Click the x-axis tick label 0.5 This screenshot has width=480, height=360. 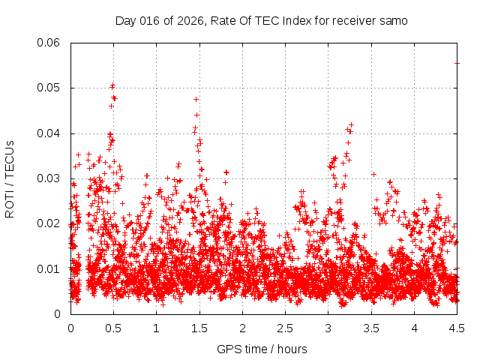[x=114, y=328]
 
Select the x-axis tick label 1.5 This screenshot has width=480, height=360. [x=199, y=328]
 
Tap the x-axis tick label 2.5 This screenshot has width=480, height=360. [x=286, y=328]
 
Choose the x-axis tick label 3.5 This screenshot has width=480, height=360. [x=371, y=328]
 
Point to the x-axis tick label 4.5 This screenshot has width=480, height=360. [x=457, y=328]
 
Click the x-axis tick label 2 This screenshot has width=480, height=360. [x=242, y=328]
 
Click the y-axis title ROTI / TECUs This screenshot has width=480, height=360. [x=10, y=178]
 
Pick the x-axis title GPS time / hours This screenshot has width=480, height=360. [x=262, y=349]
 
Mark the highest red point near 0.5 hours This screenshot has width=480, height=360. [x=112, y=85]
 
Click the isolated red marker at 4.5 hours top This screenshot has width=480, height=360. [x=457, y=63]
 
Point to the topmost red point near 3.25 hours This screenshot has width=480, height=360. [x=350, y=124]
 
